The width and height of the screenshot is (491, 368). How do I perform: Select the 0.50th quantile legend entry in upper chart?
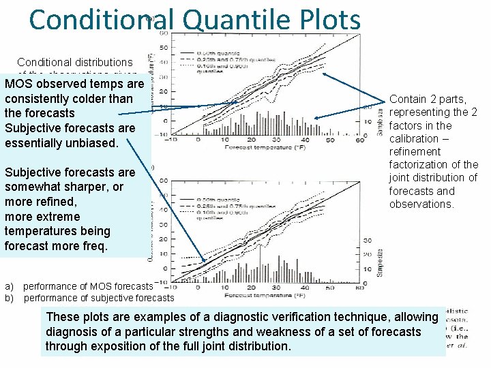(205, 52)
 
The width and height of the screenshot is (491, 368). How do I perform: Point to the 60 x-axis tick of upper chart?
(368, 140)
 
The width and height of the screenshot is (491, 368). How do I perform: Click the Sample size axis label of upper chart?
(380, 123)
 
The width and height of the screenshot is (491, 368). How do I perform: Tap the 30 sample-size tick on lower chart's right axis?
(366, 241)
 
